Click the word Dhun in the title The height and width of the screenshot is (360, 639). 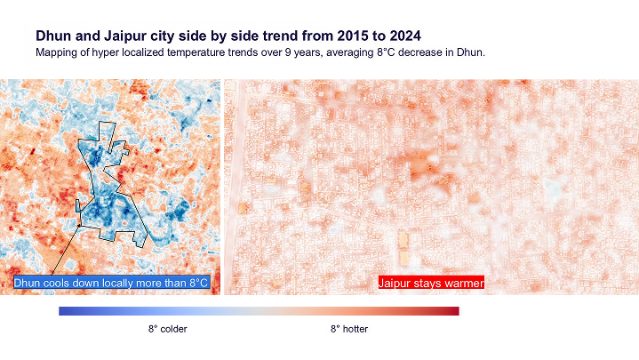pos(53,36)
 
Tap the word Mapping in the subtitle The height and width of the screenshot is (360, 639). pos(56,53)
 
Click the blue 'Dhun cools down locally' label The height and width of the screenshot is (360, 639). pos(110,283)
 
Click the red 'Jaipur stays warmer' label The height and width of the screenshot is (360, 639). pos(430,283)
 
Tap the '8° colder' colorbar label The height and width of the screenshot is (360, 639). pos(167,329)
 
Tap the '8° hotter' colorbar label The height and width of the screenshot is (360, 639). pos(349,329)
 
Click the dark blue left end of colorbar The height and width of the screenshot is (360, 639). pos(63,311)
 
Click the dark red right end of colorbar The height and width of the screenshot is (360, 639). pos(454,311)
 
